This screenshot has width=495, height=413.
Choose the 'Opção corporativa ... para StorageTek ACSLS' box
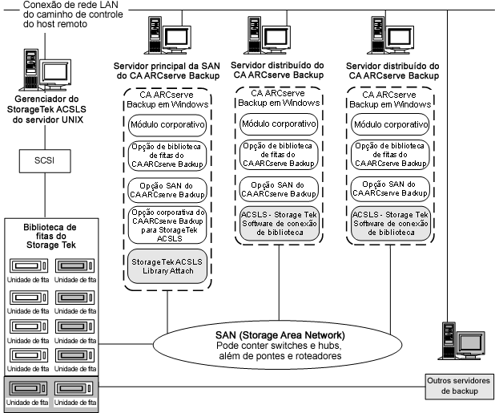click(167, 225)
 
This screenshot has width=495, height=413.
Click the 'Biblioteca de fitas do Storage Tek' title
click(49, 236)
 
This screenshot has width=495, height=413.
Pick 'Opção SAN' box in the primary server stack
click(167, 189)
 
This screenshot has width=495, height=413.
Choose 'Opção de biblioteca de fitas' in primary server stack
click(167, 154)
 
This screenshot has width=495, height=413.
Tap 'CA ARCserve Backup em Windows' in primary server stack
click(167, 99)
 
